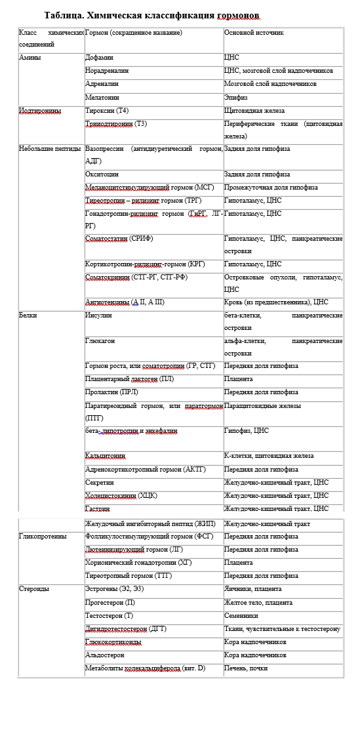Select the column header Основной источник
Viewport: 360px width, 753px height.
point(254,32)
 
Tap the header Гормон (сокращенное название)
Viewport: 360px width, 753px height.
point(134,32)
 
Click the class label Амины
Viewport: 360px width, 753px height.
point(30,58)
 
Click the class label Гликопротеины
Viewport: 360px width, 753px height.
point(43,536)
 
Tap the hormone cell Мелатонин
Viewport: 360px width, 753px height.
point(102,97)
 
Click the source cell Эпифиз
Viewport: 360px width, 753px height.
point(237,97)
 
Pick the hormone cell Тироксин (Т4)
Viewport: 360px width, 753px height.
point(108,111)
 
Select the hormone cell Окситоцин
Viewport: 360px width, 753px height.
point(103,174)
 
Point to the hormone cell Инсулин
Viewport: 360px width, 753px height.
point(99,315)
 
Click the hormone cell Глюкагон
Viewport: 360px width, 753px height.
point(100,341)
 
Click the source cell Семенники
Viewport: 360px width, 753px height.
point(241,616)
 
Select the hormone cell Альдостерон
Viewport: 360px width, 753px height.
point(107,655)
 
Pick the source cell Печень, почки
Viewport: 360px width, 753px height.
point(246,668)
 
